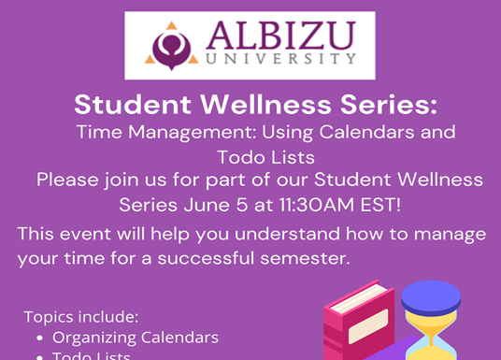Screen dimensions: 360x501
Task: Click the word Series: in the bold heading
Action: point(386,102)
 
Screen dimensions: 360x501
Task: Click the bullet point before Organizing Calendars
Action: point(39,337)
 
